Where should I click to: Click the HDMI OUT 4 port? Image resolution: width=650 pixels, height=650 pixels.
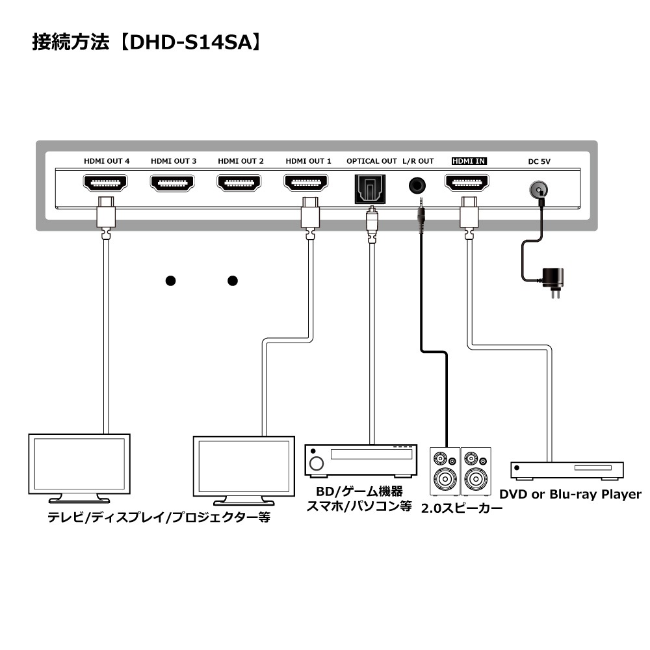click(x=106, y=183)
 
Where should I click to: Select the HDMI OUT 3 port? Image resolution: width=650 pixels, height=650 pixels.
click(x=173, y=183)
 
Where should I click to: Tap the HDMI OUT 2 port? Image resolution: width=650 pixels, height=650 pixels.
click(x=240, y=183)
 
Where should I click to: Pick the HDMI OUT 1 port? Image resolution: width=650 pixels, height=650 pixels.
click(x=307, y=183)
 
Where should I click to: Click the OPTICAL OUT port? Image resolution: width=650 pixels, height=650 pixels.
click(x=371, y=188)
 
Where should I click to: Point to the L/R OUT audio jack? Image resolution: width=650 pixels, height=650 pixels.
click(x=418, y=185)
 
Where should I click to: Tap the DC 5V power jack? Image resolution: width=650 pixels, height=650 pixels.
click(x=537, y=189)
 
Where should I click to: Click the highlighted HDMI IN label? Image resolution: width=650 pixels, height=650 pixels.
click(x=469, y=161)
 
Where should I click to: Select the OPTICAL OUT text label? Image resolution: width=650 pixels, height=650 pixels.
click(x=371, y=161)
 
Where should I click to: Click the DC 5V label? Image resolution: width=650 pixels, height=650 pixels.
click(x=536, y=161)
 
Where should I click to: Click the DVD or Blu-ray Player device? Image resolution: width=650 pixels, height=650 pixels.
click(x=567, y=470)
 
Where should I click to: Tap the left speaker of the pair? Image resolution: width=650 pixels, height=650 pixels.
click(x=445, y=471)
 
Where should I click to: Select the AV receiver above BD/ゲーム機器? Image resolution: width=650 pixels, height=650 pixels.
click(x=360, y=460)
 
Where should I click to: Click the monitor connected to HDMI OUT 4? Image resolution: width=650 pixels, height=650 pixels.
click(x=79, y=465)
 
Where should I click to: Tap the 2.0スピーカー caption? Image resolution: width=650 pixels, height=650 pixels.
click(x=461, y=508)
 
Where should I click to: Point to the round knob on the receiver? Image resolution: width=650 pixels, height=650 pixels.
click(x=317, y=463)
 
